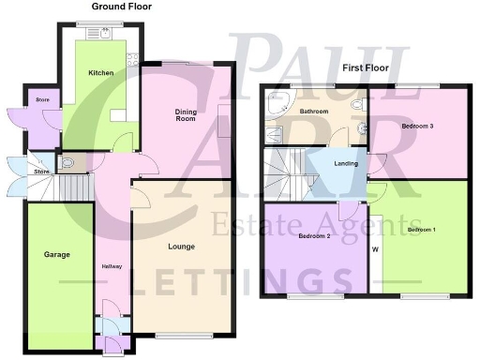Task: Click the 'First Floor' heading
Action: (x=367, y=68)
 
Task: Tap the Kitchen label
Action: (x=100, y=72)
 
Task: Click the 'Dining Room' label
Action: (x=186, y=115)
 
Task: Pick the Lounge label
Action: (x=181, y=247)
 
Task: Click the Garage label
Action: (x=57, y=254)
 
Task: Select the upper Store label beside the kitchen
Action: (x=41, y=98)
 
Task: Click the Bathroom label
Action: (x=314, y=112)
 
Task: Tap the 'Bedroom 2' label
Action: (x=316, y=236)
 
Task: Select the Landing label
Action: (x=346, y=165)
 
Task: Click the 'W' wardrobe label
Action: (x=375, y=249)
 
